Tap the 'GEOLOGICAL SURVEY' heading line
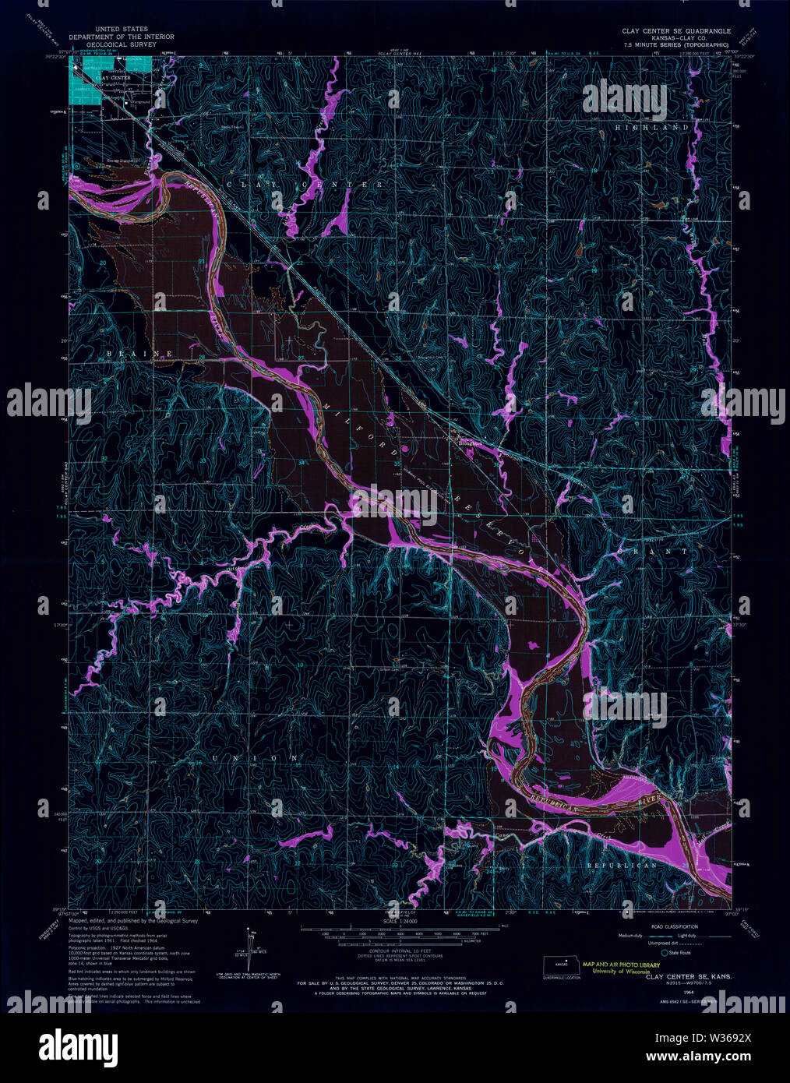click(121, 44)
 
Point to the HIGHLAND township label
click(652, 126)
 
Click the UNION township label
click(255, 757)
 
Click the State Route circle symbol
click(664, 952)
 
